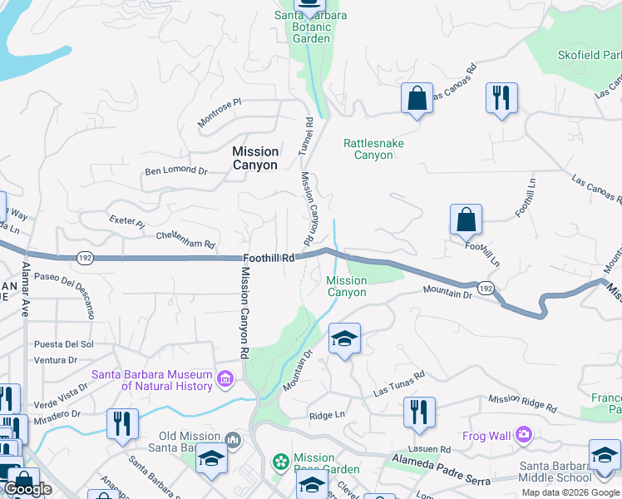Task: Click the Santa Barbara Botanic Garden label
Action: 311,27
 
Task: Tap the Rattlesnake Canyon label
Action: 373,149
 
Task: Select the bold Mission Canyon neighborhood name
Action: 255,158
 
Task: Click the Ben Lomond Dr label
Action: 175,170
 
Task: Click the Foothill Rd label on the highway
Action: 270,259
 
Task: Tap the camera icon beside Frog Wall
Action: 523,434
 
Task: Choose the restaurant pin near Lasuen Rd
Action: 418,412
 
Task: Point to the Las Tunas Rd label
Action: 399,383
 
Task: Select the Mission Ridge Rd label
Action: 521,403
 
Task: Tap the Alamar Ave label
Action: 26,287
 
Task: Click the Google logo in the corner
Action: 28,489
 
